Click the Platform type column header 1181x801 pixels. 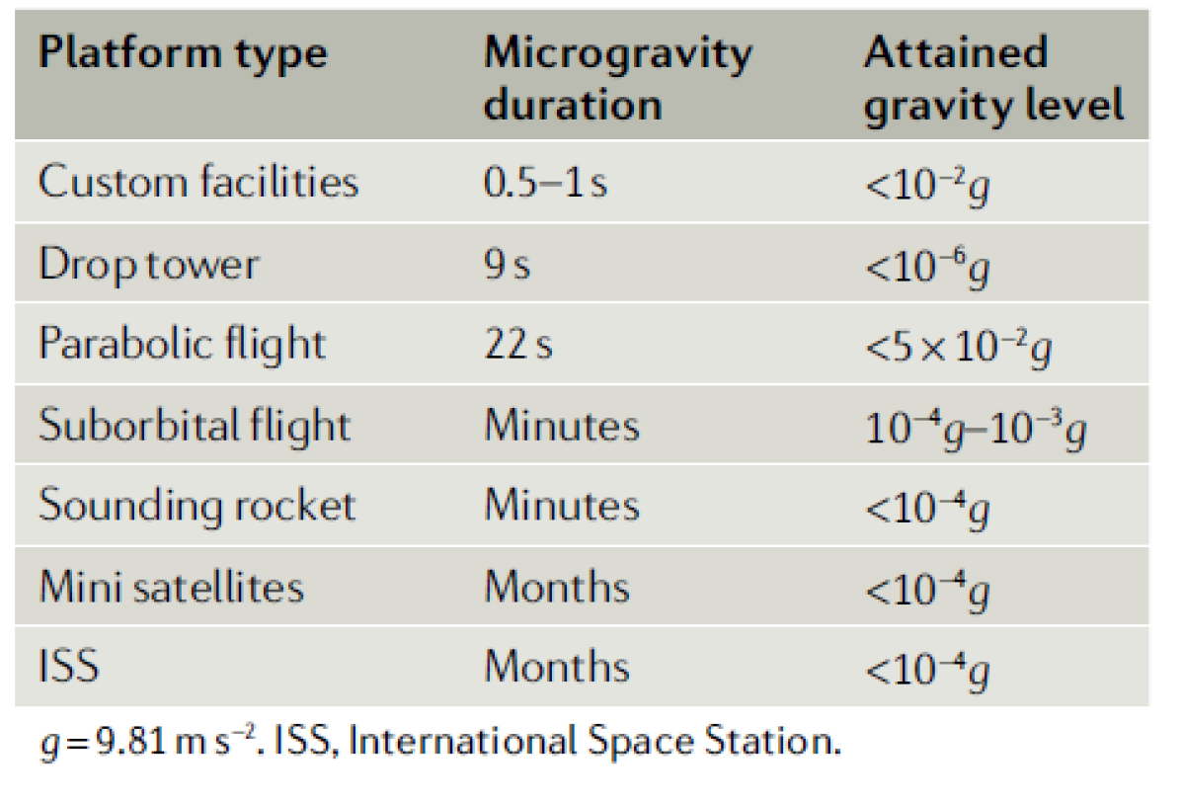click(183, 53)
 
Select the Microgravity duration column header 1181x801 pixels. click(618, 77)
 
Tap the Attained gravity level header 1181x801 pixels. click(993, 77)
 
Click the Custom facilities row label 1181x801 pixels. click(197, 183)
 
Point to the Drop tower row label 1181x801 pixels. click(149, 264)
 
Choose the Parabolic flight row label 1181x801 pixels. click(182, 345)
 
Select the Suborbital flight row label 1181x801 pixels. click(195, 426)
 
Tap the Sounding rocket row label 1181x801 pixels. click(197, 506)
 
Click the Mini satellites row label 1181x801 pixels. click(171, 587)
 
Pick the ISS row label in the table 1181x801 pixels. click(69, 667)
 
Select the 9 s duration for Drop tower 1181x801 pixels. click(507, 264)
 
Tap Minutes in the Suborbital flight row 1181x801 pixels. click(561, 426)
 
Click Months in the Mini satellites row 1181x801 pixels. click(556, 587)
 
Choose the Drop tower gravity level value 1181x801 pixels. click(926, 266)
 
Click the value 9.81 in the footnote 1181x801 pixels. click(116, 742)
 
